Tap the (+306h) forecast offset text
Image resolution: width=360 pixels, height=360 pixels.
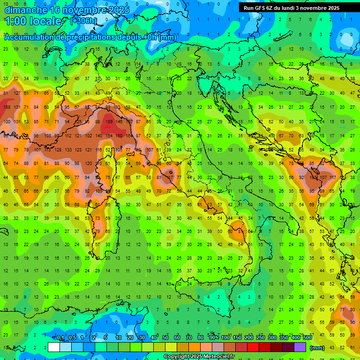[x=83, y=21]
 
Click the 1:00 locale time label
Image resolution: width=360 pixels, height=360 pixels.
[x=33, y=21]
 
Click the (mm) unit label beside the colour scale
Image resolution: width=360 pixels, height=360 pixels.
[x=317, y=348]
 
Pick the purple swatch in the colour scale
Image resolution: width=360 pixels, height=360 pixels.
[x=300, y=347]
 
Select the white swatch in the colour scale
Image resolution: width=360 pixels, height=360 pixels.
[x=53, y=347]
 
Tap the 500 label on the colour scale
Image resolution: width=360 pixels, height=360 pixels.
[x=307, y=337]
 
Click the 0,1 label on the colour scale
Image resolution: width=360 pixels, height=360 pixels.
[x=60, y=337]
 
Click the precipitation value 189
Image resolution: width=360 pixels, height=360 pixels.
[x=109, y=121]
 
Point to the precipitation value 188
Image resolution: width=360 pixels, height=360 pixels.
[x=7, y=107]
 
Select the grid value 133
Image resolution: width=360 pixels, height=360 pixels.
[x=68, y=150]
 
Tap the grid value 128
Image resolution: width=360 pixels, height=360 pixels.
[x=58, y=150]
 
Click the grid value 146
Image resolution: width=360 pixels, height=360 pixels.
[x=120, y=121]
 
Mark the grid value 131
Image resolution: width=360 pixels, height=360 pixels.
[x=17, y=107]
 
